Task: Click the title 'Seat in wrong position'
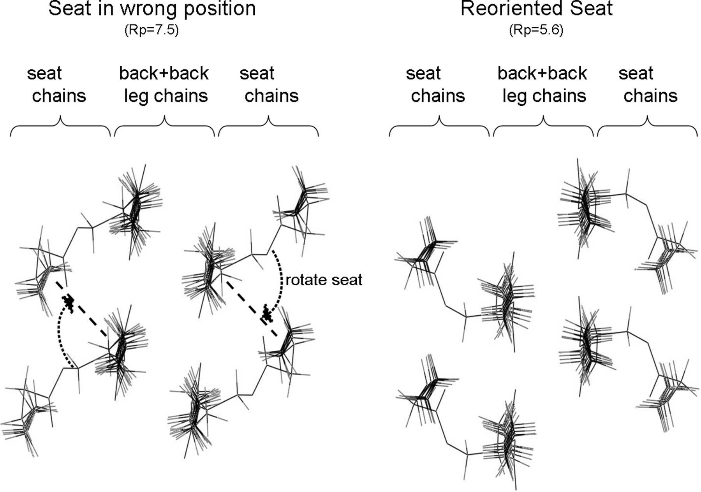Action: tap(152, 9)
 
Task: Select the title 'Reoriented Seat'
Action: tap(536, 9)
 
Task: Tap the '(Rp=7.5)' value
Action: tap(151, 30)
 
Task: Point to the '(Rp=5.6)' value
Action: tap(536, 30)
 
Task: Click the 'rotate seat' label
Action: tap(324, 280)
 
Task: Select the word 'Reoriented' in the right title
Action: tap(512, 9)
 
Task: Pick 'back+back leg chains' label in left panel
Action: tap(164, 85)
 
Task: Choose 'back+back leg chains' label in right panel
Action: tap(543, 85)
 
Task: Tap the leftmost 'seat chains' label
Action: tap(56, 85)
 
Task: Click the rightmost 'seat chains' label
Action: tap(648, 85)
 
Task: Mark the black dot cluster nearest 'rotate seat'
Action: tap(267, 313)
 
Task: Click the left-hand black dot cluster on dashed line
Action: tap(69, 302)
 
